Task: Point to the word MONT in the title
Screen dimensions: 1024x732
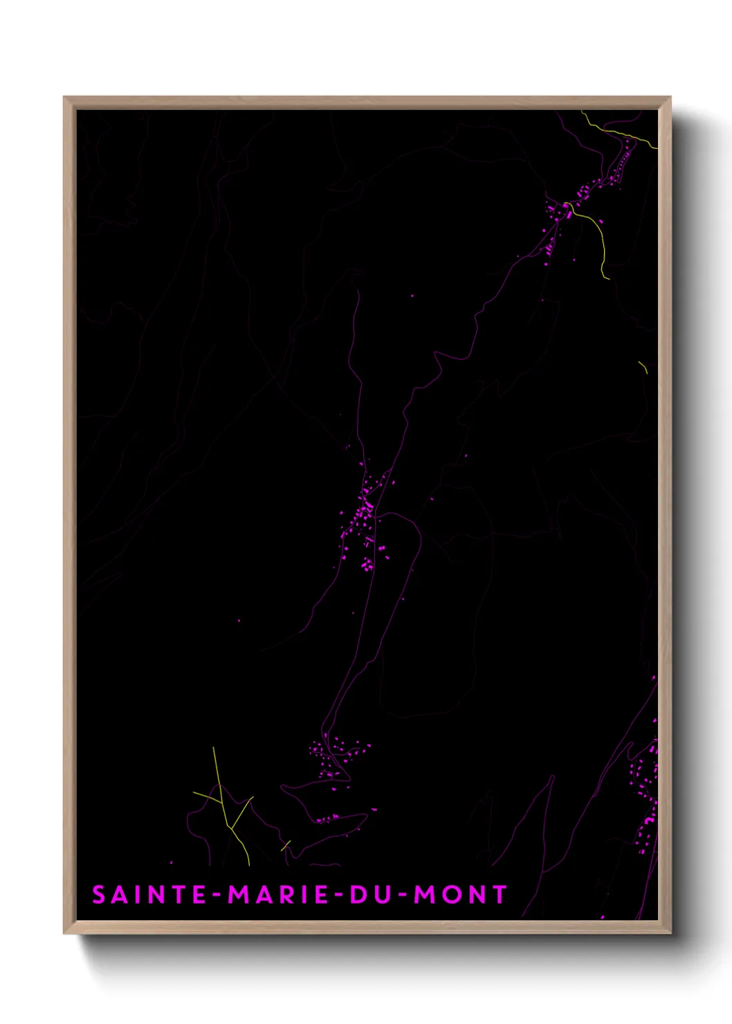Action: point(461,895)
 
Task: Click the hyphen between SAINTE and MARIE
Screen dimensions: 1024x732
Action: point(217,895)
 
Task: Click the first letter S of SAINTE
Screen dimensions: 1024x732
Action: point(99,895)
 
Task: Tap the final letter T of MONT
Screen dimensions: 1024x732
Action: point(500,895)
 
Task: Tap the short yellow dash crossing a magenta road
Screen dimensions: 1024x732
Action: point(286,845)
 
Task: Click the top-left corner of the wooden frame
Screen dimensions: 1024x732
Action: point(64,98)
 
